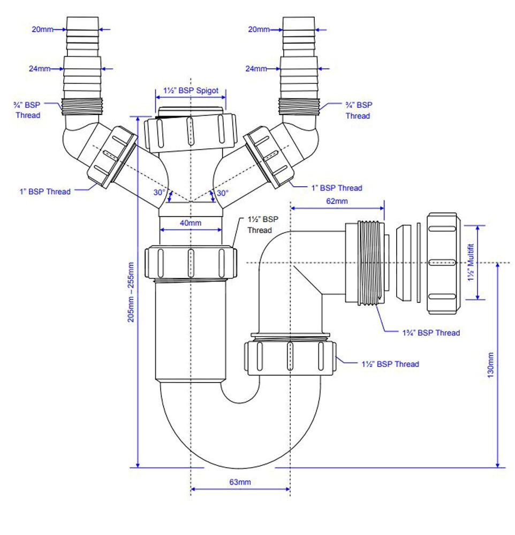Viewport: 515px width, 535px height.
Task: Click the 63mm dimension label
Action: tap(240, 482)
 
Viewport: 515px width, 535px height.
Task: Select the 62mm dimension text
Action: tap(337, 201)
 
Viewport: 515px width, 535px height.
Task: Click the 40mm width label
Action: tap(191, 223)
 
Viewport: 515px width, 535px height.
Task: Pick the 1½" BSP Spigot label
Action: tap(191, 90)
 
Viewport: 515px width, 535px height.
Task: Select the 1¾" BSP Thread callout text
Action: tap(431, 333)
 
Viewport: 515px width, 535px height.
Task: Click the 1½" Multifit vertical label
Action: tap(471, 262)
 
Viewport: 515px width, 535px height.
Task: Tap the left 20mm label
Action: tap(42, 29)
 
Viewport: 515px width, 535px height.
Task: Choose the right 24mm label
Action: tap(256, 68)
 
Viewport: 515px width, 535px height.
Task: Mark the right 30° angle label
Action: tap(222, 193)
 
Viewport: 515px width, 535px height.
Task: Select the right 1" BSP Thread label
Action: tap(337, 188)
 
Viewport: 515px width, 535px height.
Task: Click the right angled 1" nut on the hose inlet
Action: tap(270, 156)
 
